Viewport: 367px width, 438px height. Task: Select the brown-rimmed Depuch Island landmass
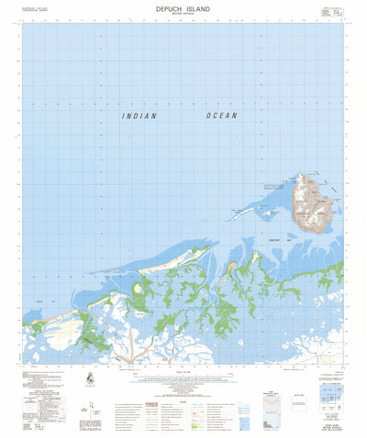[x=310, y=203]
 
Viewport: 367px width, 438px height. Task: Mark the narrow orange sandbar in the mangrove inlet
[x=232, y=265]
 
